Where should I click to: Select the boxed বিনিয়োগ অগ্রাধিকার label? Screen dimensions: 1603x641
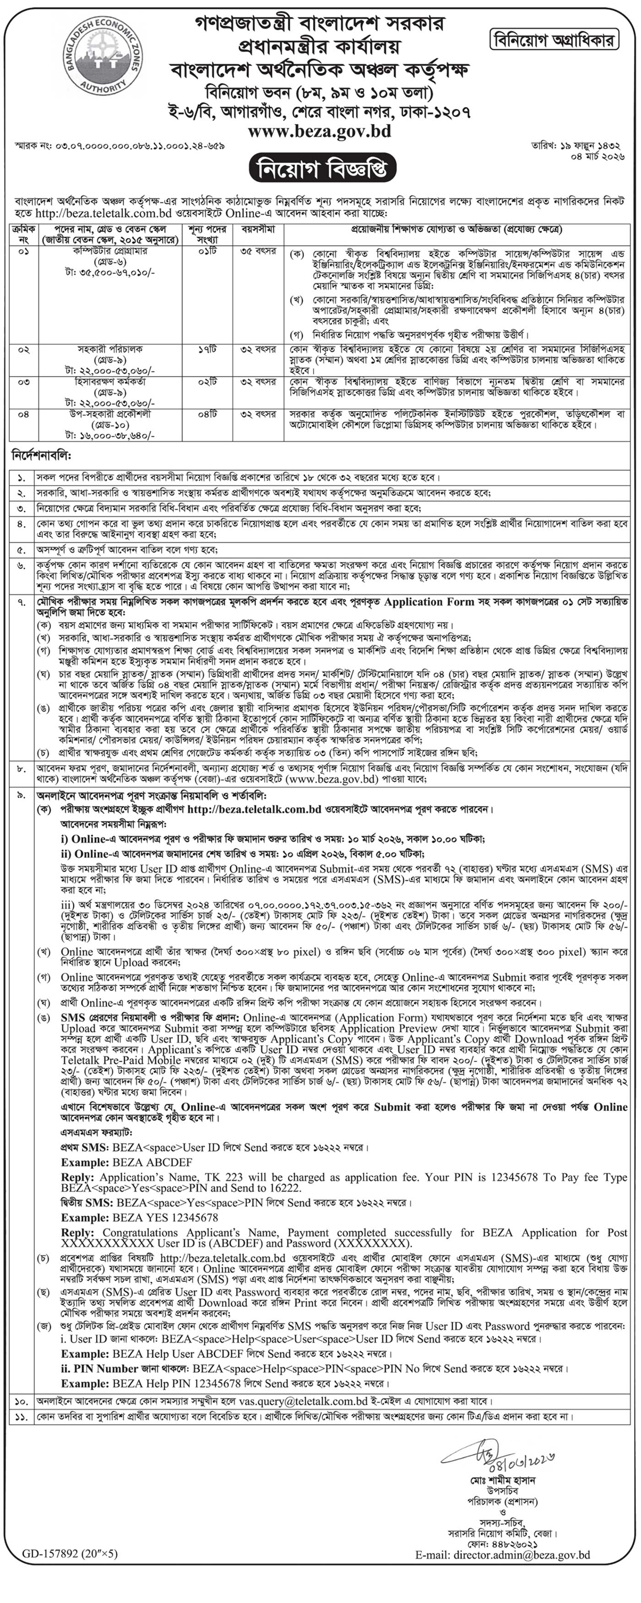[553, 40]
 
